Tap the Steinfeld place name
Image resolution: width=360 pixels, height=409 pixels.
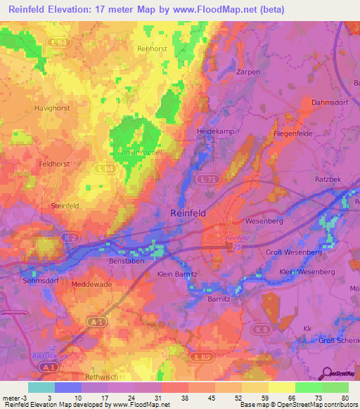[x=65, y=205]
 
